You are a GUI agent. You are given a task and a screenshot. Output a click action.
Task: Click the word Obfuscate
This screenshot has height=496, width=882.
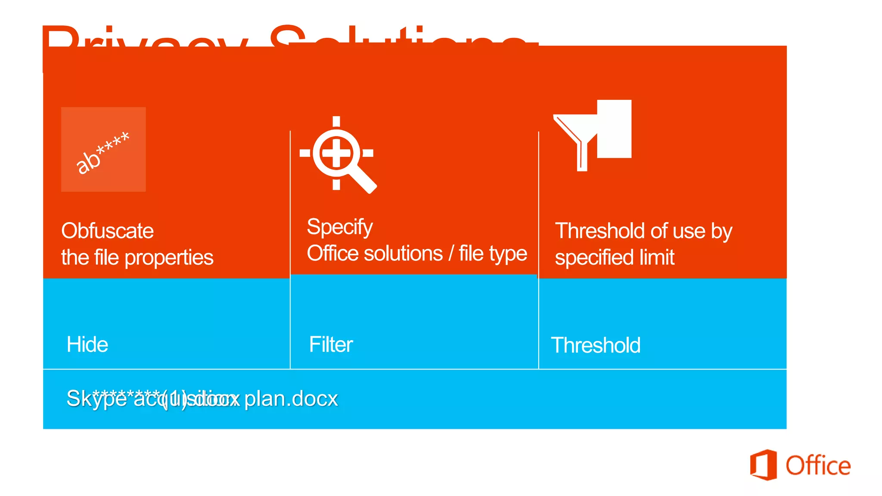107,231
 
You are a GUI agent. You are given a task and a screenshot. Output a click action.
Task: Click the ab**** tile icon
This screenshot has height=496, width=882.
103,149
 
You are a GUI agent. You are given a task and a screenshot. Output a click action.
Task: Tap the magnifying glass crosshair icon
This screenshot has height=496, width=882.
337,153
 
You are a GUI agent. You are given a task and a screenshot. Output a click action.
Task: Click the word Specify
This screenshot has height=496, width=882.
339,227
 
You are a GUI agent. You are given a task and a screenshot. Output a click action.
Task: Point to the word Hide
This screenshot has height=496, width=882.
87,344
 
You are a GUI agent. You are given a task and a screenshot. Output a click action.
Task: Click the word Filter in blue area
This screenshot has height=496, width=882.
331,344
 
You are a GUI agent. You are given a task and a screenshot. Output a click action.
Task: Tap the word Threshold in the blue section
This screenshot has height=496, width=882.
596,345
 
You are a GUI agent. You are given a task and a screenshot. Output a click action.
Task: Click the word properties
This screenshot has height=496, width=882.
169,258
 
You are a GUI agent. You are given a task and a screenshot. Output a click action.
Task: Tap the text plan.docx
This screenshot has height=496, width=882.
291,399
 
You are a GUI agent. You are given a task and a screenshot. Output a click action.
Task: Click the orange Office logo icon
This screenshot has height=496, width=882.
763,465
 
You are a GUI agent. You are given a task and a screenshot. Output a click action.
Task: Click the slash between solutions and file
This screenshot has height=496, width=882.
451,253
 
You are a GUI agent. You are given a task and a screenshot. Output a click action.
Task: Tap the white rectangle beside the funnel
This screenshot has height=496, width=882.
615,129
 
